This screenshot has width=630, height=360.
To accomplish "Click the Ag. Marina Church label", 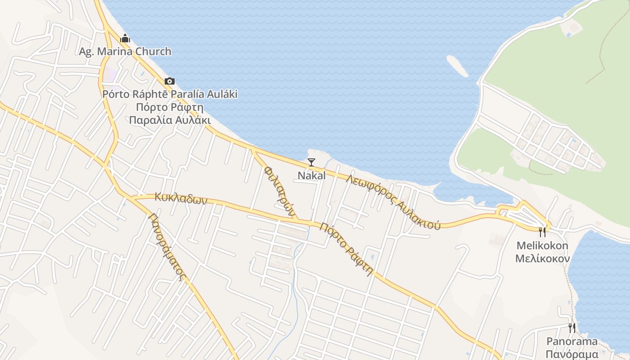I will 125,51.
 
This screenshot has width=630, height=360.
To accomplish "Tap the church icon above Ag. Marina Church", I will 125,38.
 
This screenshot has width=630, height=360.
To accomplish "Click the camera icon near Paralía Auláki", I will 170,81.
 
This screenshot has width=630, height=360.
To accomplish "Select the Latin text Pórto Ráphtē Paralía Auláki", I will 170,94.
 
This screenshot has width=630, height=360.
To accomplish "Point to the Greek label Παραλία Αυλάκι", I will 170,120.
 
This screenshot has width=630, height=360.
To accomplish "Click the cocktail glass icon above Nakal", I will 311,162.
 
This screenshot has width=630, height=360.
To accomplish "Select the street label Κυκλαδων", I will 181,198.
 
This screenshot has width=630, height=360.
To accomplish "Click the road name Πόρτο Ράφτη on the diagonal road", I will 346,248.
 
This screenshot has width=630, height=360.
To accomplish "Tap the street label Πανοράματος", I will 167,247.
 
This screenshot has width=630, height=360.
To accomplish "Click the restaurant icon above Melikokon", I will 542,232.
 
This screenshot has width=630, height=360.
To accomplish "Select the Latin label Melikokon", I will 542,246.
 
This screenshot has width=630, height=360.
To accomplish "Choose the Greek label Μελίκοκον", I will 542,258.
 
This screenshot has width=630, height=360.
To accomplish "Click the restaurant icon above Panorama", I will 571,328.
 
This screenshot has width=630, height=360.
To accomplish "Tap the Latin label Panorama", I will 572,341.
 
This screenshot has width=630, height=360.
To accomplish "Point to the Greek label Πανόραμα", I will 572,354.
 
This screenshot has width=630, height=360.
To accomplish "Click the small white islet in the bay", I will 457,66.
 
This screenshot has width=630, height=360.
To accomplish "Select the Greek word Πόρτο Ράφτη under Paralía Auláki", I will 170,107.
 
